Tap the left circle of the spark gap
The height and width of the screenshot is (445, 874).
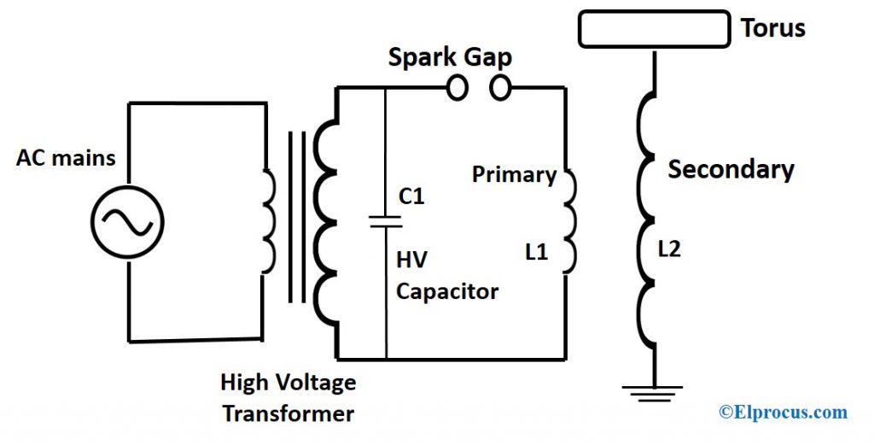(x=458, y=87)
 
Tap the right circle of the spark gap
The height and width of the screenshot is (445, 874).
(x=501, y=87)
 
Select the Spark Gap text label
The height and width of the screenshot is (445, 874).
(x=450, y=58)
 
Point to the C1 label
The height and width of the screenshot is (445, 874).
(x=411, y=196)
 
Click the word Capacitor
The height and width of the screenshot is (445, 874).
(x=446, y=291)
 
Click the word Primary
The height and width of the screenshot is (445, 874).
(x=514, y=175)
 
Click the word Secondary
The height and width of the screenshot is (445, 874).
(x=731, y=169)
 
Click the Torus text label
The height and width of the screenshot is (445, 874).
(x=772, y=28)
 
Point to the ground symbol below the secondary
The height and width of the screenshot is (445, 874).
(x=654, y=394)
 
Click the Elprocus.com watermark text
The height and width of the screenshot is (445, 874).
(x=783, y=413)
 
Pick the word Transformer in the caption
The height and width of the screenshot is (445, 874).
(x=288, y=414)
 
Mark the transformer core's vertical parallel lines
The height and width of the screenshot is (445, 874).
(x=296, y=217)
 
